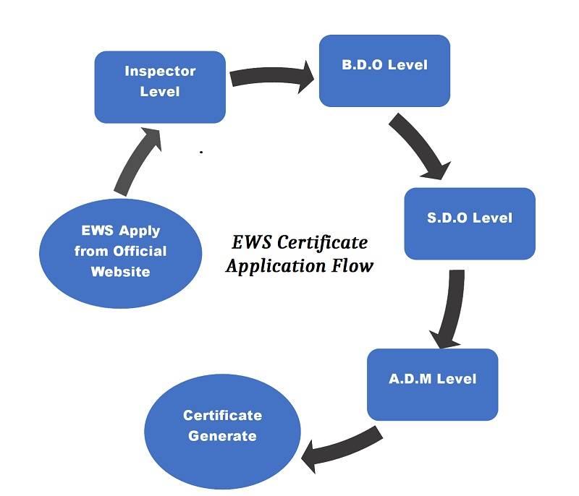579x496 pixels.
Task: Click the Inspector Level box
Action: click(160, 87)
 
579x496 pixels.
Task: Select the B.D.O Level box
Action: click(384, 70)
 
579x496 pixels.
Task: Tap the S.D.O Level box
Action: click(469, 223)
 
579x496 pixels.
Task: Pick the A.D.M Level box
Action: click(432, 384)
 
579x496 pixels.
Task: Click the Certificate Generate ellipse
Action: click(222, 431)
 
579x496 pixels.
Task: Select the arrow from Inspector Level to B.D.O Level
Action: click(271, 75)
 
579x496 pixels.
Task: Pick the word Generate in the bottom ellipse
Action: click(222, 436)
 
